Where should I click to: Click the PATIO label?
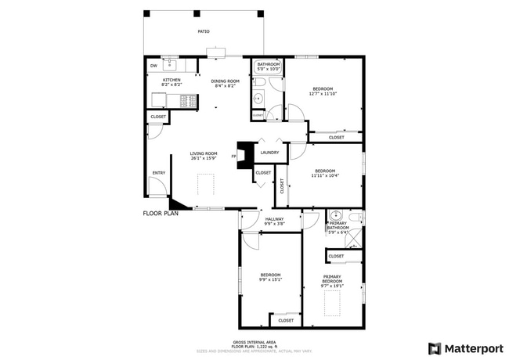tap(203, 31)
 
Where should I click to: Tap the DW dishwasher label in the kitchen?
tap(153, 66)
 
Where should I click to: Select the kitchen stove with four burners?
tap(187, 100)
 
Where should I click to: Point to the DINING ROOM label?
tap(225, 81)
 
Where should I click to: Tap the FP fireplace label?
tap(234, 157)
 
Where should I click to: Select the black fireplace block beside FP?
tap(245, 154)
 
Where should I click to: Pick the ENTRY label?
tap(159, 173)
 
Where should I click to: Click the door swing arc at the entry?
tap(157, 187)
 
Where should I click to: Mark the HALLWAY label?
tap(274, 219)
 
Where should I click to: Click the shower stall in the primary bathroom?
tap(354, 234)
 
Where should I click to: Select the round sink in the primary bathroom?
tap(335, 216)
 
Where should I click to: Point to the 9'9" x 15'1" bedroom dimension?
tap(271, 279)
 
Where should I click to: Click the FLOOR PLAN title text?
tap(161, 213)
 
